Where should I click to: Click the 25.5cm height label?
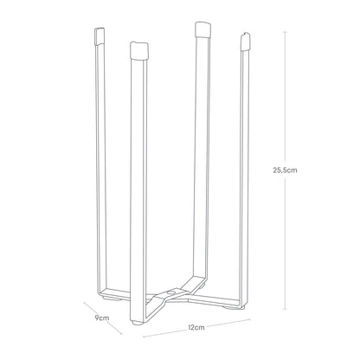[x=285, y=170]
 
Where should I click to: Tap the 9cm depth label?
[x=102, y=318]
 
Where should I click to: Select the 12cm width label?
[x=196, y=327]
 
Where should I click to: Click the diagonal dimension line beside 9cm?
[x=103, y=318]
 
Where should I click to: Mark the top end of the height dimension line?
[x=286, y=32]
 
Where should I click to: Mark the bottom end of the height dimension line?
[x=286, y=309]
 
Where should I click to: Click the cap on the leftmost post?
[x=100, y=36]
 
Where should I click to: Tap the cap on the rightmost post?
[x=244, y=42]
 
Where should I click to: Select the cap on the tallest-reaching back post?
[x=202, y=29]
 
